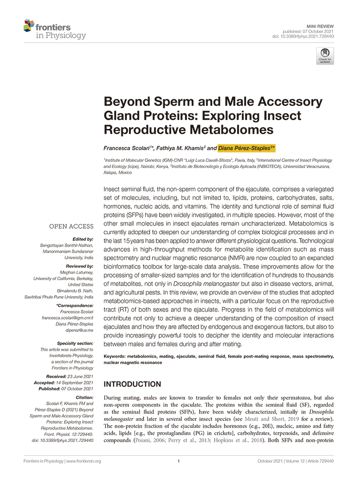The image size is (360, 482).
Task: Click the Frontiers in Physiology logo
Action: [x=55, y=29]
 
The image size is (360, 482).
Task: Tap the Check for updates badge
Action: [x=325, y=56]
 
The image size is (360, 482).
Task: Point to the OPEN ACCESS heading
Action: [x=71, y=226]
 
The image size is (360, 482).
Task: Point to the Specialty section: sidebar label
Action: [x=74, y=343]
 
